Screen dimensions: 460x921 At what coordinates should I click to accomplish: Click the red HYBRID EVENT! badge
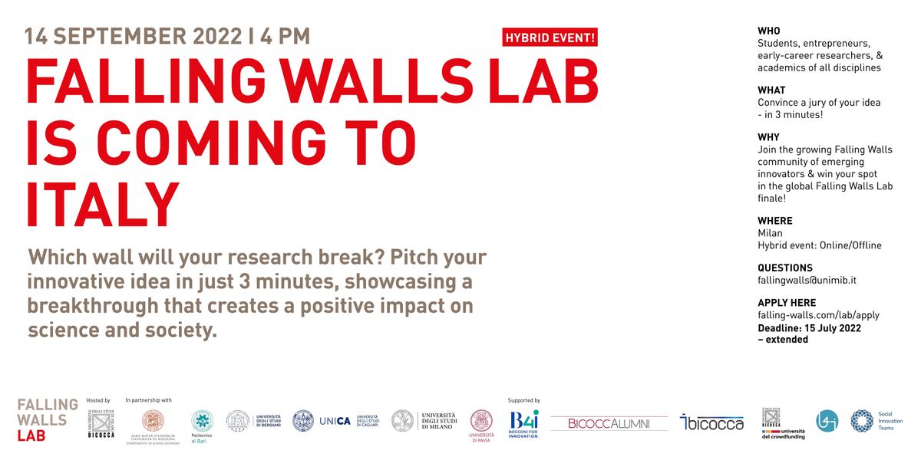550,37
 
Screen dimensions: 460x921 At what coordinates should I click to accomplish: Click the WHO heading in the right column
768,31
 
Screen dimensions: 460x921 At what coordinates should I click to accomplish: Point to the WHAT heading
771,90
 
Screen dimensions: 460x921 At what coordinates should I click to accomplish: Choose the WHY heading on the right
768,137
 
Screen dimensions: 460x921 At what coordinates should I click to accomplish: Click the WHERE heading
774,221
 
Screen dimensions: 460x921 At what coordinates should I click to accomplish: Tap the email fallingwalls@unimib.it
807,281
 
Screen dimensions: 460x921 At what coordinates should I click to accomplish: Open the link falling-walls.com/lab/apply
818,315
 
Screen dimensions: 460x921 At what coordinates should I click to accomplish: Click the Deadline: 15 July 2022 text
809,328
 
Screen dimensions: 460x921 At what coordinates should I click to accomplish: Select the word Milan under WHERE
770,233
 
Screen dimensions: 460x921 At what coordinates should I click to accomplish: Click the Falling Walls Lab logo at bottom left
48,419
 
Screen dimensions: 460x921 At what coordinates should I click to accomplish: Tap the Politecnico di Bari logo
202,423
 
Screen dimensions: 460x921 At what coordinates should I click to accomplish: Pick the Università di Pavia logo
481,424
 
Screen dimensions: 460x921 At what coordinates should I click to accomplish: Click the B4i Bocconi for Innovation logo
523,422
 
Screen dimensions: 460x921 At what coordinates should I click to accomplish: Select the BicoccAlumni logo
609,423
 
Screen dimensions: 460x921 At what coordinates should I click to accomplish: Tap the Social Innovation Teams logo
876,420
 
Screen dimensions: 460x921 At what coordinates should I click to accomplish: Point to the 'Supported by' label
523,400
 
